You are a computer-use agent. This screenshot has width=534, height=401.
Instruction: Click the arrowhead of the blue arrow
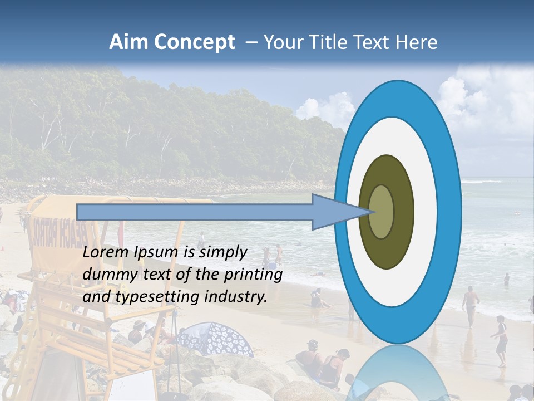coord(339,212)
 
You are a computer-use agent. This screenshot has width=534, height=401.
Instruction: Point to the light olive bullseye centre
coord(382,212)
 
